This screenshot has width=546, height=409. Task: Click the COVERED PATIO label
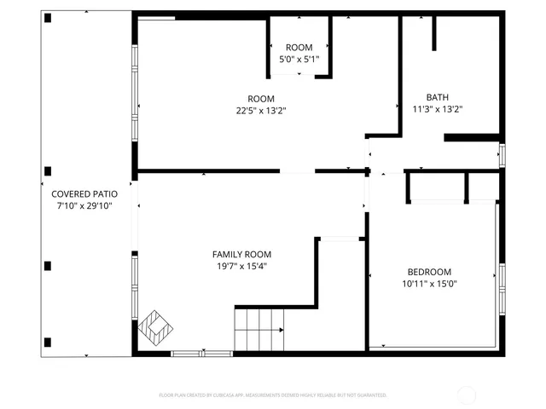(84, 193)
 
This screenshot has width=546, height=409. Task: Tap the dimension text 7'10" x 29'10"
(84, 205)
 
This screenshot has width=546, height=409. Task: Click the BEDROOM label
(430, 272)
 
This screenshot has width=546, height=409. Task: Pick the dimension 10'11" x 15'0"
(430, 284)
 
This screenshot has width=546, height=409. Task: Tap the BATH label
(437, 97)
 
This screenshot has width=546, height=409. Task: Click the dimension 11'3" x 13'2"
(437, 109)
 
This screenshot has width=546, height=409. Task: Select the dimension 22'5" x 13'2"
(261, 110)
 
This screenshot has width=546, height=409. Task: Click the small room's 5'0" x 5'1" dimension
(299, 60)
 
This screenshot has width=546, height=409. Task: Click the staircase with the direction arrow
(260, 330)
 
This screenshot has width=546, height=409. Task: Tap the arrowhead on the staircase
(282, 330)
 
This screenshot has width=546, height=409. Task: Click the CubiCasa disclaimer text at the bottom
(273, 395)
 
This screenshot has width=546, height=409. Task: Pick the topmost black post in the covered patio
(48, 18)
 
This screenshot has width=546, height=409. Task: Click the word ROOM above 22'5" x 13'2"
(261, 98)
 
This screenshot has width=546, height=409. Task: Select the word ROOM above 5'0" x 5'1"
(299, 48)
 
